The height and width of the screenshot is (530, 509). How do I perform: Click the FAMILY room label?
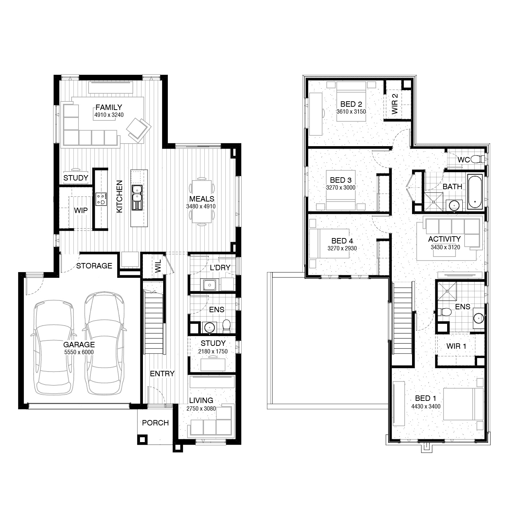coord(109,107)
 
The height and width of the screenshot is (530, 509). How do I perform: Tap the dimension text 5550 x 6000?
coord(79,352)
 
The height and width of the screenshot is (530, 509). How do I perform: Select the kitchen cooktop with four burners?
coord(101,199)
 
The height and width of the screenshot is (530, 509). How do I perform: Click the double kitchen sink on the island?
coord(137,198)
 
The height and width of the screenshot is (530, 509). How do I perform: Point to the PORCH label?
coord(155,423)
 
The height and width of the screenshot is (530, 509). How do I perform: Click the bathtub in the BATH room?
coord(475,192)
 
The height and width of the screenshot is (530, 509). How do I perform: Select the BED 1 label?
coord(425,398)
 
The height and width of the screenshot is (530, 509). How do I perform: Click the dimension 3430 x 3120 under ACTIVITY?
coord(445,247)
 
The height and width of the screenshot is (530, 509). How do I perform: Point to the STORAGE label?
coord(94,266)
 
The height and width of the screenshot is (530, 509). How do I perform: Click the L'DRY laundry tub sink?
coord(210,285)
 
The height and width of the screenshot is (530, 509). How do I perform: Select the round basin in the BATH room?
coord(454,205)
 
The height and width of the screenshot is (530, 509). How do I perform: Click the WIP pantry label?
coord(81,210)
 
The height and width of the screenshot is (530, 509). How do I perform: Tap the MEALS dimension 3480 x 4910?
coord(201,207)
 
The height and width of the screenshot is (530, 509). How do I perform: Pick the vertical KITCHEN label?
coord(119,196)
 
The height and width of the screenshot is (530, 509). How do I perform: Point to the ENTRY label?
coord(162,373)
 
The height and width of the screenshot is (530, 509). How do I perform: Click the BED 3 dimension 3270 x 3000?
coord(341,187)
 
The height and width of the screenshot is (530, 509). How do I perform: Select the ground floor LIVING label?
coord(201,400)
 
